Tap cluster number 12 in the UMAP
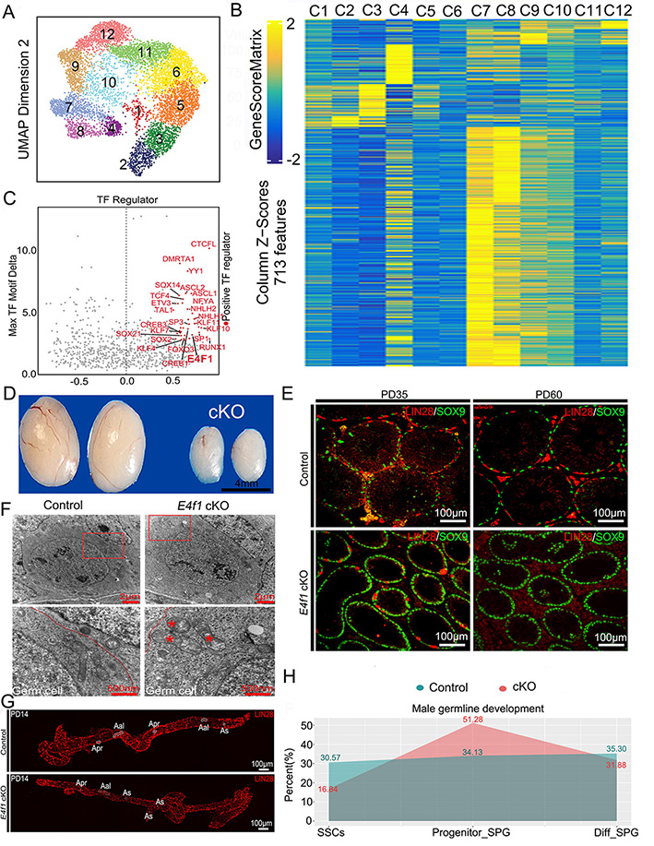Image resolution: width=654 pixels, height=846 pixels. pyautogui.click(x=108, y=34)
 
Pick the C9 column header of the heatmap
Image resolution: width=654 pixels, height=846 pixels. pyautogui.click(x=533, y=13)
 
